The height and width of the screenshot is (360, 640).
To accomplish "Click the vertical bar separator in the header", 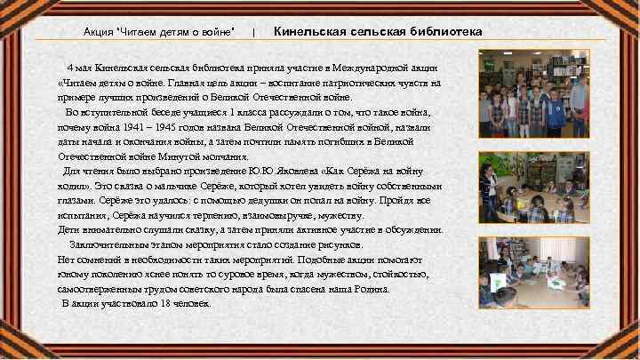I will tap(254, 33).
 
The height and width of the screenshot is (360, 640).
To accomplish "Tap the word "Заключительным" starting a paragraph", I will tap(108, 244).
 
